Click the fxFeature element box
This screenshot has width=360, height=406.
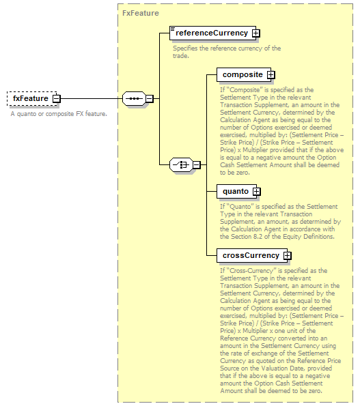[31, 98]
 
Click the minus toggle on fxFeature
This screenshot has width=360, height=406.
[56, 99]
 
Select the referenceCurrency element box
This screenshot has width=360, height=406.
[212, 33]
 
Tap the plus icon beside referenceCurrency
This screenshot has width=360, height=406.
[255, 33]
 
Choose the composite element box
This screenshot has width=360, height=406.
[244, 75]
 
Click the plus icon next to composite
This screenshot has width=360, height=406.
[271, 75]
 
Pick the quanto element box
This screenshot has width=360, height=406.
[236, 191]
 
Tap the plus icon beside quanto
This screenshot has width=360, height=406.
[257, 191]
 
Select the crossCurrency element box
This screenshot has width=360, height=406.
[252, 256]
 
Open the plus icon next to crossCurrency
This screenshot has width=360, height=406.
[287, 256]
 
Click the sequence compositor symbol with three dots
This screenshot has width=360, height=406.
[134, 99]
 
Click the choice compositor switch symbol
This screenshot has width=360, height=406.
[181, 164]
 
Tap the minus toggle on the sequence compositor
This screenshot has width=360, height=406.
[150, 99]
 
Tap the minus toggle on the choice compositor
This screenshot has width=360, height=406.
[197, 164]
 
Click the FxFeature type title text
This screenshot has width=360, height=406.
[141, 13]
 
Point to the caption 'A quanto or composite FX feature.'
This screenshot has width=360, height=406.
[59, 114]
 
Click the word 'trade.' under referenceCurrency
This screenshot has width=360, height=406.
[181, 56]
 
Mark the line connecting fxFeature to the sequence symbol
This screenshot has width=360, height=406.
[92, 98]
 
